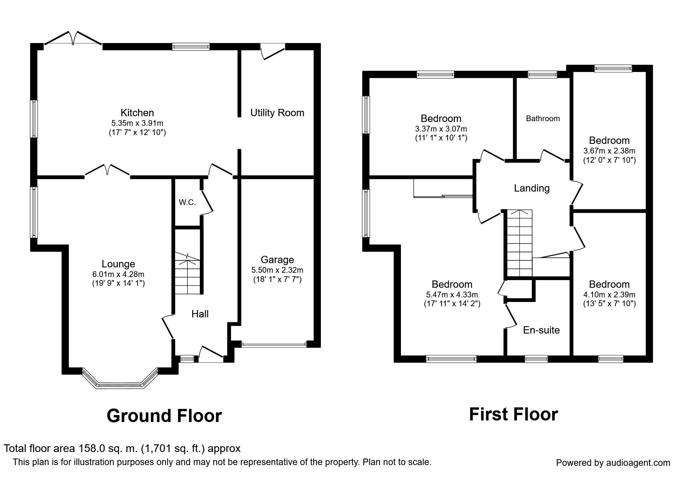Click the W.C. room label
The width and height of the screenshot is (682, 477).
pyautogui.click(x=187, y=202)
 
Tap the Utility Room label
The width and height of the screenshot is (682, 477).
pyautogui.click(x=277, y=113)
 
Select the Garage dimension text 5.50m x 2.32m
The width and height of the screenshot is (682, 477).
pyautogui.click(x=277, y=270)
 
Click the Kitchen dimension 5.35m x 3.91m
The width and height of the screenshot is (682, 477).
pyautogui.click(x=137, y=123)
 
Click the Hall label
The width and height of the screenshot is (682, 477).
pyautogui.click(x=200, y=314)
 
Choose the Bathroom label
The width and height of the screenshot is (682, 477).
pyautogui.click(x=543, y=118)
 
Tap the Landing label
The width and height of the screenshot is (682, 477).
pyautogui.click(x=531, y=188)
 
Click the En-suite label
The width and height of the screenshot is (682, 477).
pyautogui.click(x=541, y=330)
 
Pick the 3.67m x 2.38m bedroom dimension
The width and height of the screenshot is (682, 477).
pyautogui.click(x=609, y=151)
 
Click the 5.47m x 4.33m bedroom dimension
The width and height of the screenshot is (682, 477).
pyautogui.click(x=452, y=295)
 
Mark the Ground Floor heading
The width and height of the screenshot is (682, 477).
pyautogui.click(x=164, y=416)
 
